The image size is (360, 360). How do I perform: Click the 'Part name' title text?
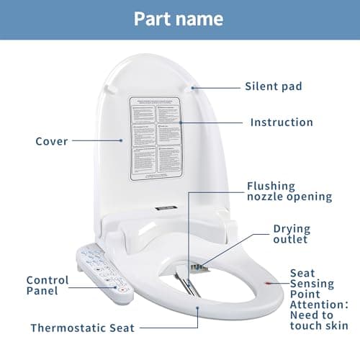[179, 18]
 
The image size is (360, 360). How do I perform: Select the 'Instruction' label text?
[282, 122]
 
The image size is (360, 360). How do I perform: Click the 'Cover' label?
[52, 141]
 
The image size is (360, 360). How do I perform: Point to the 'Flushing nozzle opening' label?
[289, 191]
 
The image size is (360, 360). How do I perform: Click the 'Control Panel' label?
[48, 285]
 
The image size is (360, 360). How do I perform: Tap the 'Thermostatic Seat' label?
[82, 328]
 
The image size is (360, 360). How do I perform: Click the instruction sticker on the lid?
[155, 137]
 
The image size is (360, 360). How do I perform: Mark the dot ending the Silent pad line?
[194, 87]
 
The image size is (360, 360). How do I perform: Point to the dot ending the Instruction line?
[180, 122]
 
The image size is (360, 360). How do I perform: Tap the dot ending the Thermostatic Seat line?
[198, 307]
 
